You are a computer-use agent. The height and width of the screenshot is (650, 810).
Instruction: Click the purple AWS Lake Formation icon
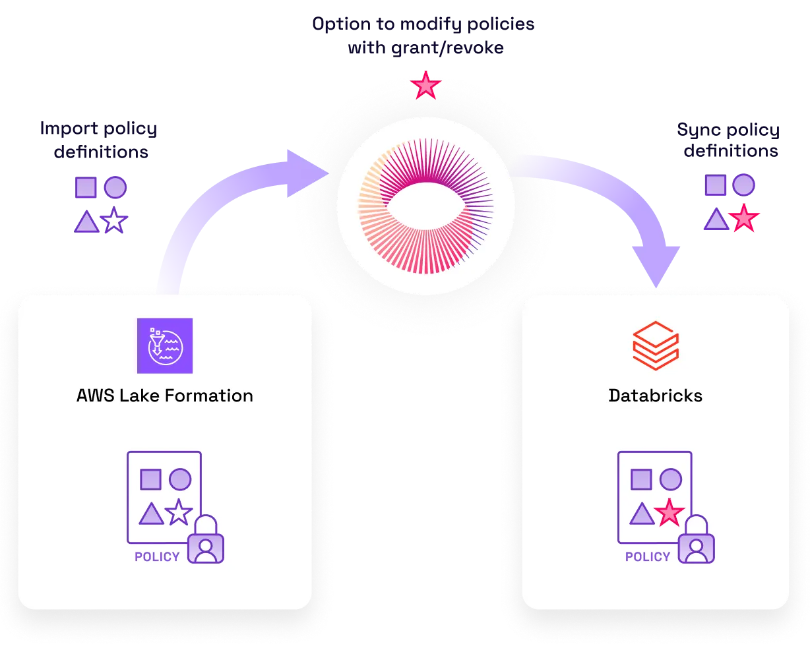point(165,346)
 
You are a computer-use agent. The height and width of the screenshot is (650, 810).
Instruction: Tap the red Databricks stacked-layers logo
point(656,346)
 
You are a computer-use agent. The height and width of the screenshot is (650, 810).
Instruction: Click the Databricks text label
point(656,396)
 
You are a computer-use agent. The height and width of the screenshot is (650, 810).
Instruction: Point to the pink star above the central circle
point(426,86)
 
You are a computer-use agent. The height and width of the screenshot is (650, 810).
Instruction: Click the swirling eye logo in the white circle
point(425,206)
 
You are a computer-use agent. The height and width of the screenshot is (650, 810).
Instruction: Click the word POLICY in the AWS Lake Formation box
point(157,556)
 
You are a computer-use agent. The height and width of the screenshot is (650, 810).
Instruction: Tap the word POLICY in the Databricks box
point(648,556)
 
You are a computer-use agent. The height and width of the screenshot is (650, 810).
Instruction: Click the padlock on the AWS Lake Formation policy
point(206,542)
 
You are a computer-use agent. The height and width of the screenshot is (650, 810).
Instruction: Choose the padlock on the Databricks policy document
point(697,542)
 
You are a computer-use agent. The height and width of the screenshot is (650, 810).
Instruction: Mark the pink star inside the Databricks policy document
point(670,513)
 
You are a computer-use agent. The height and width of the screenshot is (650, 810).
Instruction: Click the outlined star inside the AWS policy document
point(179,512)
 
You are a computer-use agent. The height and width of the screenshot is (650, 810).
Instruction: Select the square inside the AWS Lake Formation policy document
point(151,479)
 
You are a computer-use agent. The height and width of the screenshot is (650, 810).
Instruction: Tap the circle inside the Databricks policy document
point(671,479)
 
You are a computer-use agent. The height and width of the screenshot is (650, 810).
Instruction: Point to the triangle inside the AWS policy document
point(151,514)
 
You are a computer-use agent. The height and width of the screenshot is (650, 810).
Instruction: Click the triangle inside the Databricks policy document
point(642,514)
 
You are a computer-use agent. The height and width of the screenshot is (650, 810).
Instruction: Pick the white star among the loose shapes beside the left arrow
point(115,221)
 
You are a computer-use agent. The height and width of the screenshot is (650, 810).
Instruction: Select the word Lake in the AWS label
point(139,396)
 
